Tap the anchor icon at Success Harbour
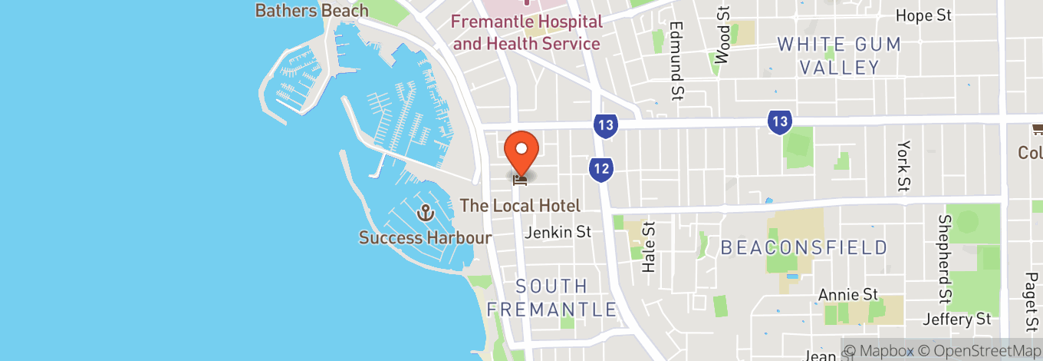coord(424,213)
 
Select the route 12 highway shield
coord(600,171)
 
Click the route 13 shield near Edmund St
coord(605,125)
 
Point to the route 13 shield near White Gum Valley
coord(779,121)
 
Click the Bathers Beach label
coord(311,11)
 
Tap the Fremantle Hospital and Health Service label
coord(526,32)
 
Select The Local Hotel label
coord(520,206)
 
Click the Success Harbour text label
coord(425,237)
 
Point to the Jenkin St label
coord(559,232)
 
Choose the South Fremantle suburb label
coord(552,298)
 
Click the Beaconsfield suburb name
coord(804,248)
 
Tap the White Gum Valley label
coord(839,55)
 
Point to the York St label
coord(905,166)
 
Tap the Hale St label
coord(649,247)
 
